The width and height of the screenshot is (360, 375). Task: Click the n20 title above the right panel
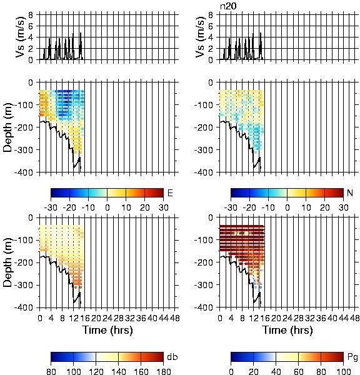(228, 6)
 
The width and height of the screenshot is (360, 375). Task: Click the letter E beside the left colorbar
(170, 192)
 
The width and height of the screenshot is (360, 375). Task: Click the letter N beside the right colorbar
(350, 192)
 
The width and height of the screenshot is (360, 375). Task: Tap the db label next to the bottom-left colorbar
(172, 357)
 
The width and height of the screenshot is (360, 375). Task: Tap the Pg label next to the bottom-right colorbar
(352, 357)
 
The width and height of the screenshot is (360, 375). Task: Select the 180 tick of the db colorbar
(163, 371)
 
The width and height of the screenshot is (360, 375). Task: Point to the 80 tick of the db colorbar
(51, 371)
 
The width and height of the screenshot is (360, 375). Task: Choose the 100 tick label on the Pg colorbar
(344, 371)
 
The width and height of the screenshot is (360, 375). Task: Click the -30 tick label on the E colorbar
(51, 207)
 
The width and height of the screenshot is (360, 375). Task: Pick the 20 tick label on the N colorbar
(324, 207)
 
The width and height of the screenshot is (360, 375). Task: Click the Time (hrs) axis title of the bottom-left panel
(107, 330)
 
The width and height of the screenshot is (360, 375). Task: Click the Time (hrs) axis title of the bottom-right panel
(287, 330)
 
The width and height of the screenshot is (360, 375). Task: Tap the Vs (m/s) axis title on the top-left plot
(21, 37)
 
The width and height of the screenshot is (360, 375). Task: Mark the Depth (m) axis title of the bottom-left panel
(7, 262)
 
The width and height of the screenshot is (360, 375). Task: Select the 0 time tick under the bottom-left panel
(40, 318)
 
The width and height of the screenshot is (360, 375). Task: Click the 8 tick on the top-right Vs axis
(211, 15)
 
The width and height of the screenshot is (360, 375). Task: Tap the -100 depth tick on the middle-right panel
(204, 105)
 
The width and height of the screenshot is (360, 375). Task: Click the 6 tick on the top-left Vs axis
(31, 26)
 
